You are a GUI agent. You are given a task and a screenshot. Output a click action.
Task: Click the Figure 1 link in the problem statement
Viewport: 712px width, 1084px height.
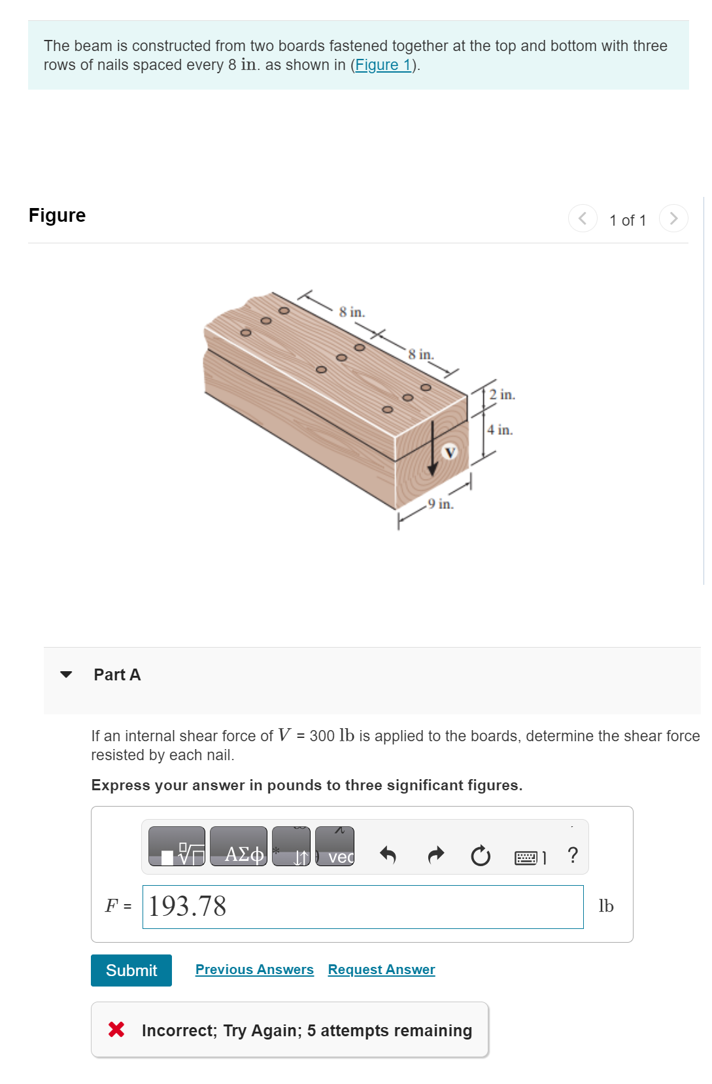click(x=382, y=65)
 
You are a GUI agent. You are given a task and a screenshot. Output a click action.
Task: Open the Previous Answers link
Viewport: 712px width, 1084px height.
click(x=254, y=970)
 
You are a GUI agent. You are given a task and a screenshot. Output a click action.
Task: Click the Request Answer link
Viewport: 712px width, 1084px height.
click(x=381, y=970)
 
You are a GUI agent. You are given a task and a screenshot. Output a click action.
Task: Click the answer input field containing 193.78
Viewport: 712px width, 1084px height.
click(x=362, y=907)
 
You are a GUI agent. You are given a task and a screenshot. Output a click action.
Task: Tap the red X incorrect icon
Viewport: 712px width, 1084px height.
click(x=116, y=1030)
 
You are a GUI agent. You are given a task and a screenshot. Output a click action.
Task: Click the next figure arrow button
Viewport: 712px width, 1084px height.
click(x=673, y=219)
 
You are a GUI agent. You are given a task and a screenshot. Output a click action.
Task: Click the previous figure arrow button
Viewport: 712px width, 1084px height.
click(x=582, y=219)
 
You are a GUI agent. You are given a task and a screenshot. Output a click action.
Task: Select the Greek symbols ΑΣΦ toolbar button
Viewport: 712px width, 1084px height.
click(x=239, y=847)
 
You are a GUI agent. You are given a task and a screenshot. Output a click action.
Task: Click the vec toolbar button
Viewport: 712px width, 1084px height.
click(x=335, y=847)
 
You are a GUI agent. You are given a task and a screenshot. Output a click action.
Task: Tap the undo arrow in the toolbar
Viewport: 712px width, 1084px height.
click(x=388, y=855)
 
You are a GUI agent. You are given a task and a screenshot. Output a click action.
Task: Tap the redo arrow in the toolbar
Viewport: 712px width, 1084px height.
click(x=435, y=855)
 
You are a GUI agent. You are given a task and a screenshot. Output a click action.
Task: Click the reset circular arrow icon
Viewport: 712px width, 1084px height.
click(x=481, y=855)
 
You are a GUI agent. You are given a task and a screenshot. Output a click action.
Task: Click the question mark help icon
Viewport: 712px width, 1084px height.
click(x=573, y=855)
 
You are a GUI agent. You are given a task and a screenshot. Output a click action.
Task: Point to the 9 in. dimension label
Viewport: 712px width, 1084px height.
click(x=440, y=504)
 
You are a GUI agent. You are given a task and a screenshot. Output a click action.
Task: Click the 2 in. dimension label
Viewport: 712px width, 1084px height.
click(x=501, y=394)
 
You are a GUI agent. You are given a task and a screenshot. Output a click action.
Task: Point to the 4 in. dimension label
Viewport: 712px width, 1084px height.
click(x=500, y=430)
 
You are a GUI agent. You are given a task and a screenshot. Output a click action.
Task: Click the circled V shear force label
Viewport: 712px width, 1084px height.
click(x=450, y=452)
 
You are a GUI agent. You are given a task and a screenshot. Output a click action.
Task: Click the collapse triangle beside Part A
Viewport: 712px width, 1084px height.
click(x=66, y=674)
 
